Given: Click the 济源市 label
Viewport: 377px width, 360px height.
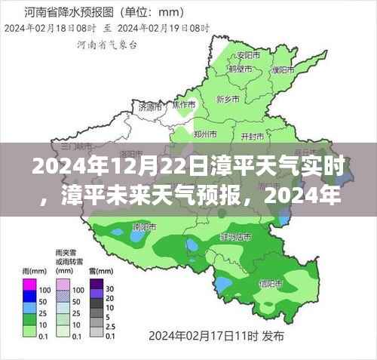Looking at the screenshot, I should (150, 107).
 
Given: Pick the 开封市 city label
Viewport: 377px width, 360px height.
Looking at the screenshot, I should (252, 135).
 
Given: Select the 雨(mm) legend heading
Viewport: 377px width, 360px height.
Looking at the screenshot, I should (32, 269).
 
